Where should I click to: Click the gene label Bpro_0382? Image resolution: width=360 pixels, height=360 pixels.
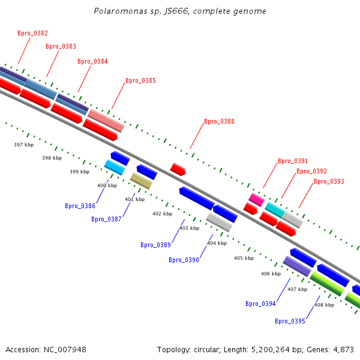[x=32, y=34]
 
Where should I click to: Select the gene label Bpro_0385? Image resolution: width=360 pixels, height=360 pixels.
[x=140, y=80]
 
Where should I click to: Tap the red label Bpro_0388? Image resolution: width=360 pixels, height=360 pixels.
[x=219, y=121]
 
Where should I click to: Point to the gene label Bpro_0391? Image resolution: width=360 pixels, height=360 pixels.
[x=293, y=161]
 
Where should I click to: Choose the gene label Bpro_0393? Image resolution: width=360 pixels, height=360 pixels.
[x=329, y=181]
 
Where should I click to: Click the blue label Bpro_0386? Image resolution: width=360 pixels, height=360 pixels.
[x=80, y=206]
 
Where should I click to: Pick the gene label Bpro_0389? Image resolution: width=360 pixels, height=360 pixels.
[x=155, y=245]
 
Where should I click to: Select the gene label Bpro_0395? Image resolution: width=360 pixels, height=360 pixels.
[x=290, y=321]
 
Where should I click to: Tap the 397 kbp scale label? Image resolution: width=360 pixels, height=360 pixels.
[x=23, y=145]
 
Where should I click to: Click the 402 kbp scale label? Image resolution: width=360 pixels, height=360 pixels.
[x=162, y=214]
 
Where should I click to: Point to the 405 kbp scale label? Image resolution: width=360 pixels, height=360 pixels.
[x=244, y=258]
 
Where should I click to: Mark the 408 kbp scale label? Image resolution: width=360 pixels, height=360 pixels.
[x=324, y=305]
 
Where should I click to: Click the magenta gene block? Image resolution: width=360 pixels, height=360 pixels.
[x=257, y=199]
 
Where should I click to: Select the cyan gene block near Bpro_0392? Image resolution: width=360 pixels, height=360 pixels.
[x=274, y=209]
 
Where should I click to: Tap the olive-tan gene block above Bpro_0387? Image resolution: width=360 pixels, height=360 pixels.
[x=141, y=181]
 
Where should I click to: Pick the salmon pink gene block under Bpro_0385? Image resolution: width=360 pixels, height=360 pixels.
[x=106, y=120]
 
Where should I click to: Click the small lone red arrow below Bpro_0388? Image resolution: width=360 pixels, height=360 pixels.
[x=178, y=169]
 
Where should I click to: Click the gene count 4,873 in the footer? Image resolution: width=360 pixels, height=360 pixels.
[x=344, y=349]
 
